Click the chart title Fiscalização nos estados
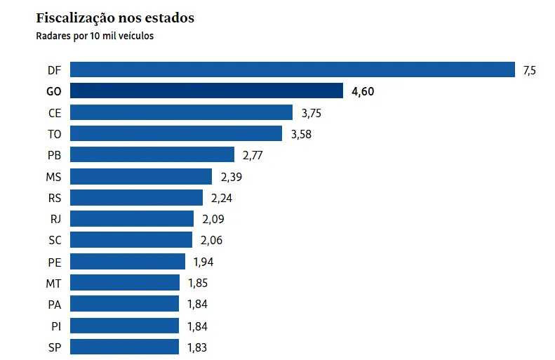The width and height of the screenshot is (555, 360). click(x=115, y=18)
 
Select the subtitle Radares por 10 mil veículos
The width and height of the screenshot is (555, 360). click(x=95, y=36)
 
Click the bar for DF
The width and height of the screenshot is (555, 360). click(x=293, y=69)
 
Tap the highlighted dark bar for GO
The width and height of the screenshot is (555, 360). click(x=206, y=91)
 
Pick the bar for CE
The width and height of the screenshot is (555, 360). click(x=181, y=112)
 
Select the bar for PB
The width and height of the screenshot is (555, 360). click(x=152, y=155)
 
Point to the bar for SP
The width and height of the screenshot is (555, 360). click(x=124, y=347)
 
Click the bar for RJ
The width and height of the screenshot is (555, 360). click(x=132, y=219)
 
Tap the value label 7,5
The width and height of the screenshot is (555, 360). click(x=529, y=70)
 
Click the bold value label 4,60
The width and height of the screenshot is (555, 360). click(x=363, y=91)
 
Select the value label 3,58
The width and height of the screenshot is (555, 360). click(x=301, y=134)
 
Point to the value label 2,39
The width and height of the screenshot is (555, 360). click(x=232, y=177)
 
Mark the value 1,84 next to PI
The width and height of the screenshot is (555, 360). click(x=197, y=326)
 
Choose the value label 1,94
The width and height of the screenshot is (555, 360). click(x=202, y=262)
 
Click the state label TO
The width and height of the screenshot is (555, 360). click(x=55, y=134)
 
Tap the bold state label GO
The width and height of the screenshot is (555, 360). click(x=54, y=91)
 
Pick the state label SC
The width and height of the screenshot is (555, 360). click(x=55, y=240)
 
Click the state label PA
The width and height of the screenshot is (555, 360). click(x=55, y=304)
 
